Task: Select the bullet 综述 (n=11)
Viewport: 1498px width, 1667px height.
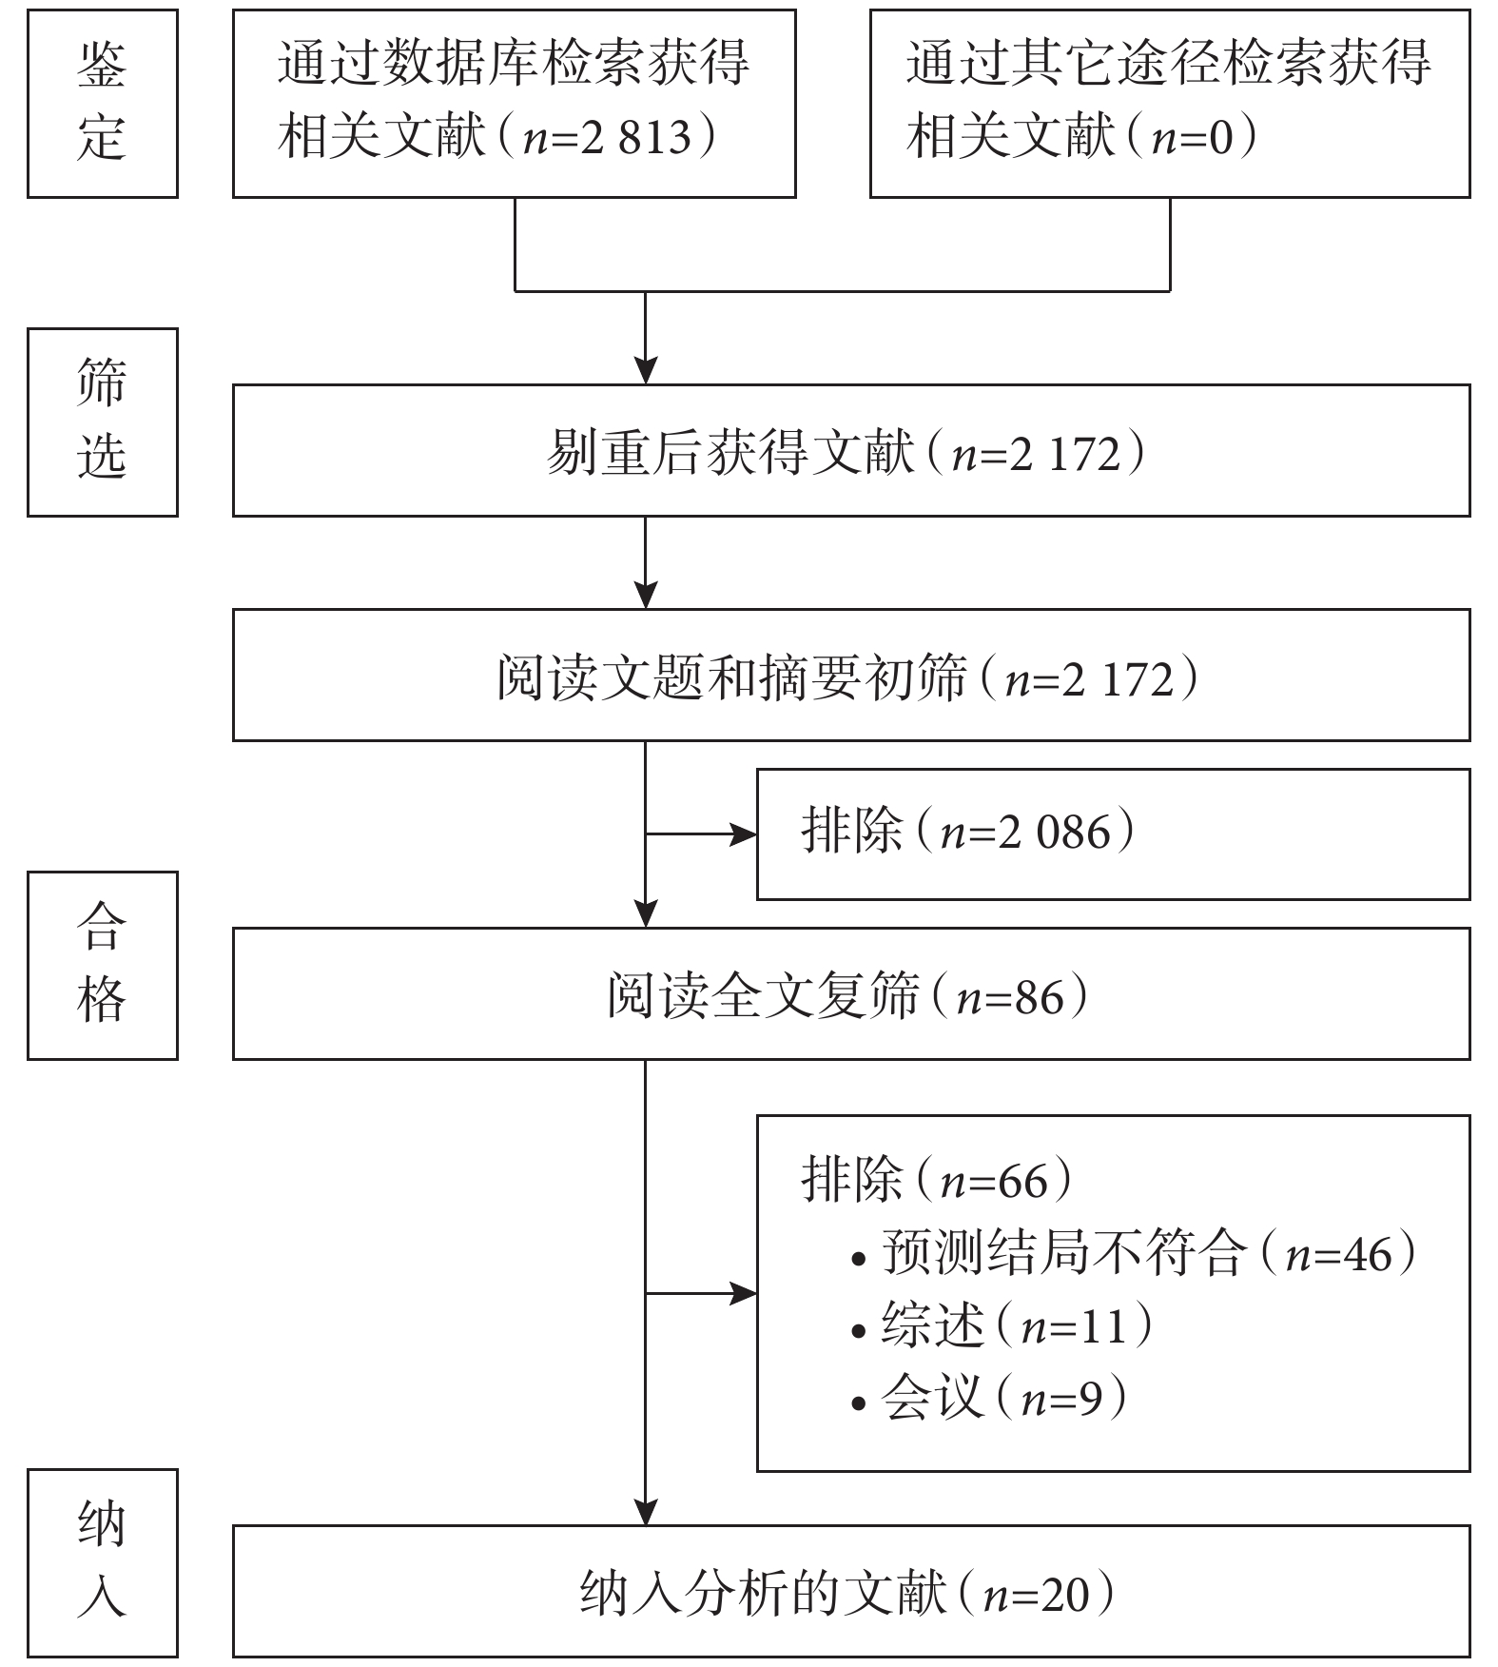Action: [x=1002, y=1325]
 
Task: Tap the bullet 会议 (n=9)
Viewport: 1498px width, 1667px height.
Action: [x=989, y=1398]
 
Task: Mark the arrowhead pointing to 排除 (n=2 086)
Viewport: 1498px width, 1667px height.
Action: [x=743, y=834]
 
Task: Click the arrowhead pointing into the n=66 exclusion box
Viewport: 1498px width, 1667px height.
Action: [x=743, y=1293]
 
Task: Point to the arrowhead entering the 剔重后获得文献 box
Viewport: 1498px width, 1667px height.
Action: [x=646, y=370]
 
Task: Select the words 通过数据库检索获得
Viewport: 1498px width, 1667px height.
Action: [x=514, y=63]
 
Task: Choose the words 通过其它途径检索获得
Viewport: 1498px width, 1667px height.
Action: [x=1169, y=63]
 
